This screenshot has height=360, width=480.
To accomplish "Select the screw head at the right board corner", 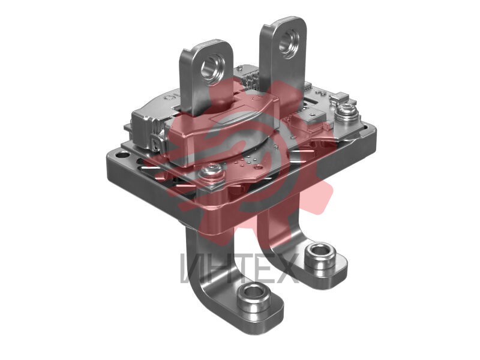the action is pos(347,110).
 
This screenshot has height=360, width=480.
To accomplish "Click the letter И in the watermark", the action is pos(191,268).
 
